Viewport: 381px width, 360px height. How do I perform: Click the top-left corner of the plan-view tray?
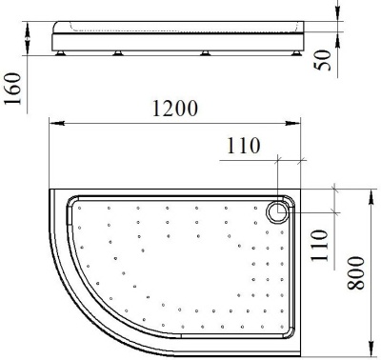pyautogui.click(x=49, y=190)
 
